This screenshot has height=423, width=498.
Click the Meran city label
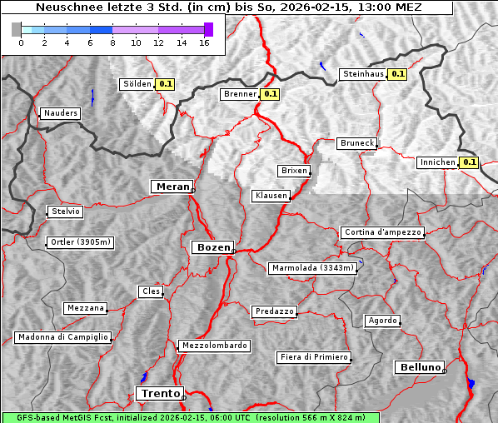pyautogui.click(x=171, y=187)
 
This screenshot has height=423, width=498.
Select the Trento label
pyautogui.click(x=159, y=393)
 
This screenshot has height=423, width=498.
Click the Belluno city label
pyautogui.click(x=419, y=366)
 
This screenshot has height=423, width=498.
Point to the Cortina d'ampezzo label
pyautogui.click(x=382, y=232)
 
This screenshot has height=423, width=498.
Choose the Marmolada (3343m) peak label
pyautogui.click(x=313, y=268)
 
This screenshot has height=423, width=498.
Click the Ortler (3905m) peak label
pyautogui.click(x=79, y=243)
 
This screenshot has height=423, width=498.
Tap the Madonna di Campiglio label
pyautogui.click(x=62, y=337)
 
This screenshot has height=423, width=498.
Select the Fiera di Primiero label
pyautogui.click(x=313, y=357)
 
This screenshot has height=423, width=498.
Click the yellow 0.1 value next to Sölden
pyautogui.click(x=166, y=83)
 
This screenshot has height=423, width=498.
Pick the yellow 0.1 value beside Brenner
pyautogui.click(x=270, y=94)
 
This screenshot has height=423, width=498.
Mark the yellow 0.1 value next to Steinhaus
pyautogui.click(x=398, y=74)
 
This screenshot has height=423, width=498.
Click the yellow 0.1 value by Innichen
pyautogui.click(x=469, y=162)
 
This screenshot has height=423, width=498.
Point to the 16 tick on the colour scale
pyautogui.click(x=204, y=42)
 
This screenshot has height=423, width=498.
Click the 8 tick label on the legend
pyautogui.click(x=112, y=42)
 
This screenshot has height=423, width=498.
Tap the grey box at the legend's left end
pyautogui.click(x=16, y=29)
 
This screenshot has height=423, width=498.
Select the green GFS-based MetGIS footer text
pyautogui.click(x=190, y=417)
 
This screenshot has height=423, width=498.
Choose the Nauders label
pyautogui.click(x=60, y=113)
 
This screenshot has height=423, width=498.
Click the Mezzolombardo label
pyautogui.click(x=213, y=346)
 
